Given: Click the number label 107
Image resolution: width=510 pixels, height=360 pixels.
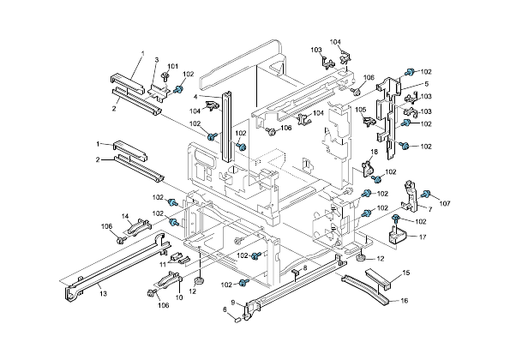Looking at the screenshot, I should tap(444, 203).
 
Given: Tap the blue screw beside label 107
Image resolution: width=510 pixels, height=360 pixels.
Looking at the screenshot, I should tap(431, 193).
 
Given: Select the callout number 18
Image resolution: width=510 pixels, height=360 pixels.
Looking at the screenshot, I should tap(374, 152).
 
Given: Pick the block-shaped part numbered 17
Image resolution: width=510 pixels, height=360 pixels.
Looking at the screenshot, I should tap(397, 236).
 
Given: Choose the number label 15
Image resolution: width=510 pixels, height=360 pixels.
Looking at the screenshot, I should tap(406, 273).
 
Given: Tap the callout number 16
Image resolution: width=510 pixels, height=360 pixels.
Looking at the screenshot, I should tap(405, 301).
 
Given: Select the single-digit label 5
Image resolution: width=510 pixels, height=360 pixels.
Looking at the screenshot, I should tap(426, 84).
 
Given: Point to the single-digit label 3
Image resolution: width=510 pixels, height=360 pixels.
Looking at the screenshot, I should tap(157, 59).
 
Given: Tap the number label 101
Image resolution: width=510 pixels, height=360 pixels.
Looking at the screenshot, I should tap(172, 67).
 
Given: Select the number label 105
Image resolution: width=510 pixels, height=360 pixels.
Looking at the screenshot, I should tap(361, 110).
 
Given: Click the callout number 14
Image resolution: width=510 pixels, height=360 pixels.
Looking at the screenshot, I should tap(124, 216).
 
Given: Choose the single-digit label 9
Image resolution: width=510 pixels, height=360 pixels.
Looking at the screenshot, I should tap(231, 303).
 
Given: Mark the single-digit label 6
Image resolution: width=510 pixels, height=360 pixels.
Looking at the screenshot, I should tap(225, 309).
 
